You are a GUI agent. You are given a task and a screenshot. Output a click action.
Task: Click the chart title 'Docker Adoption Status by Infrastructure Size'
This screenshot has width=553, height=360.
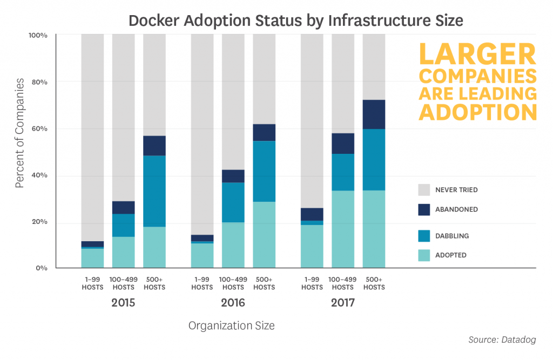[295, 21]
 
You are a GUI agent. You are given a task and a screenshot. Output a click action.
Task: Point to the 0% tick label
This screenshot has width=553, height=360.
[42, 268]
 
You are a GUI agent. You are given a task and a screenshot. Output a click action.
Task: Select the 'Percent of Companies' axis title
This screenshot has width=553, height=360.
[20, 133]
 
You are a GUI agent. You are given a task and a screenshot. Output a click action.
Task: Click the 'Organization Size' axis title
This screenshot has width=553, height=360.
[231, 325]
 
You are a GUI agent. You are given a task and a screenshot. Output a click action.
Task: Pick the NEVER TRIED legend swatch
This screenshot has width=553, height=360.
[424, 189]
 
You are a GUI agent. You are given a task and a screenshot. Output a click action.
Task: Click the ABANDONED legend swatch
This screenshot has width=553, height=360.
[424, 209]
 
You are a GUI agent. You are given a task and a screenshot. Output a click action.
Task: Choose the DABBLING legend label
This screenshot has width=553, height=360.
[452, 236]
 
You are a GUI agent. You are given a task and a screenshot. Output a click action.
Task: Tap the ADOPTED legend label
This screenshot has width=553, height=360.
[451, 255]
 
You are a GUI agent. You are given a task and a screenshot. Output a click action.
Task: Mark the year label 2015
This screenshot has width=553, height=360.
[123, 303]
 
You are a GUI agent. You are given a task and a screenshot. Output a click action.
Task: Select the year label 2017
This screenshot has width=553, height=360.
[343, 303]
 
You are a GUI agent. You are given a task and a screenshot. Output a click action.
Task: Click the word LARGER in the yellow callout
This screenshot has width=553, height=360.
[478, 54]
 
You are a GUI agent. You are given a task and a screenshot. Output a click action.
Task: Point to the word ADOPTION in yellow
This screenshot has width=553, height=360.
[478, 112]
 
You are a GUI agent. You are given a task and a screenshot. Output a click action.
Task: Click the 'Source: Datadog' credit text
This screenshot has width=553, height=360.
[502, 339]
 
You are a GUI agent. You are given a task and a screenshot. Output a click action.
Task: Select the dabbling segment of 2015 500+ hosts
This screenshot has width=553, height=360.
[154, 191]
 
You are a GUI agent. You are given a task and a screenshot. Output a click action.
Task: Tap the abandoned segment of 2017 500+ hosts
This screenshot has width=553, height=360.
[374, 114]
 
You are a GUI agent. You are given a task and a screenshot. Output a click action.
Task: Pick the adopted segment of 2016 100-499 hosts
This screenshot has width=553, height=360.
[233, 245]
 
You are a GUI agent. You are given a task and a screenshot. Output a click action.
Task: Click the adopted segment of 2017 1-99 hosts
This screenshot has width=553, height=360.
[312, 247]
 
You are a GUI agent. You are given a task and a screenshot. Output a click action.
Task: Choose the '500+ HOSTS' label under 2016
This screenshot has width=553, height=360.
[264, 283]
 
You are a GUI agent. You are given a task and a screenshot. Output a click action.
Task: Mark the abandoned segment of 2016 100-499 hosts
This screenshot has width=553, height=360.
[233, 176]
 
